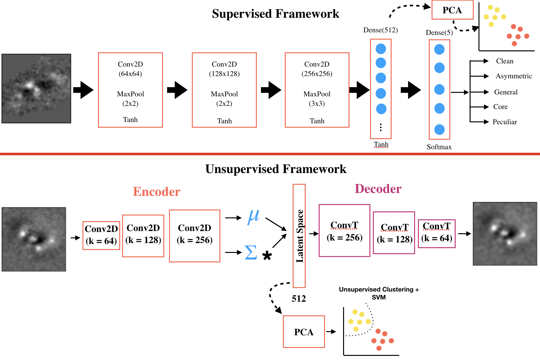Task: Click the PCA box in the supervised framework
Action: (452, 10)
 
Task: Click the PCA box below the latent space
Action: (303, 332)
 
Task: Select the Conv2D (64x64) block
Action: (130, 90)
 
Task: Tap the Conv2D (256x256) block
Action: (317, 90)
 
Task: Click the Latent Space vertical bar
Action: (299, 236)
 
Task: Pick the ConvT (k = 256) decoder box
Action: (344, 230)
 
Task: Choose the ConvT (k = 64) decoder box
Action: (437, 234)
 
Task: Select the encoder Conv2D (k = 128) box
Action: (143, 236)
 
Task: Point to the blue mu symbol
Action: (253, 217)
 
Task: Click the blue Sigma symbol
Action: (250, 253)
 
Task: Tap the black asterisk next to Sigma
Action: (267, 255)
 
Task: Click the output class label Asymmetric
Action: (514, 76)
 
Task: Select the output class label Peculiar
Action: (504, 122)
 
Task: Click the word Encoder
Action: (156, 192)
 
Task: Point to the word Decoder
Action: (378, 189)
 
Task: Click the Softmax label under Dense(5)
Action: (439, 147)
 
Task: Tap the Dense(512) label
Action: (380, 30)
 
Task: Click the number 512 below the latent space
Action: (299, 299)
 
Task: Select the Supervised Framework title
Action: (275, 14)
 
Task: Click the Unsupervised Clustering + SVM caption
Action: (379, 293)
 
